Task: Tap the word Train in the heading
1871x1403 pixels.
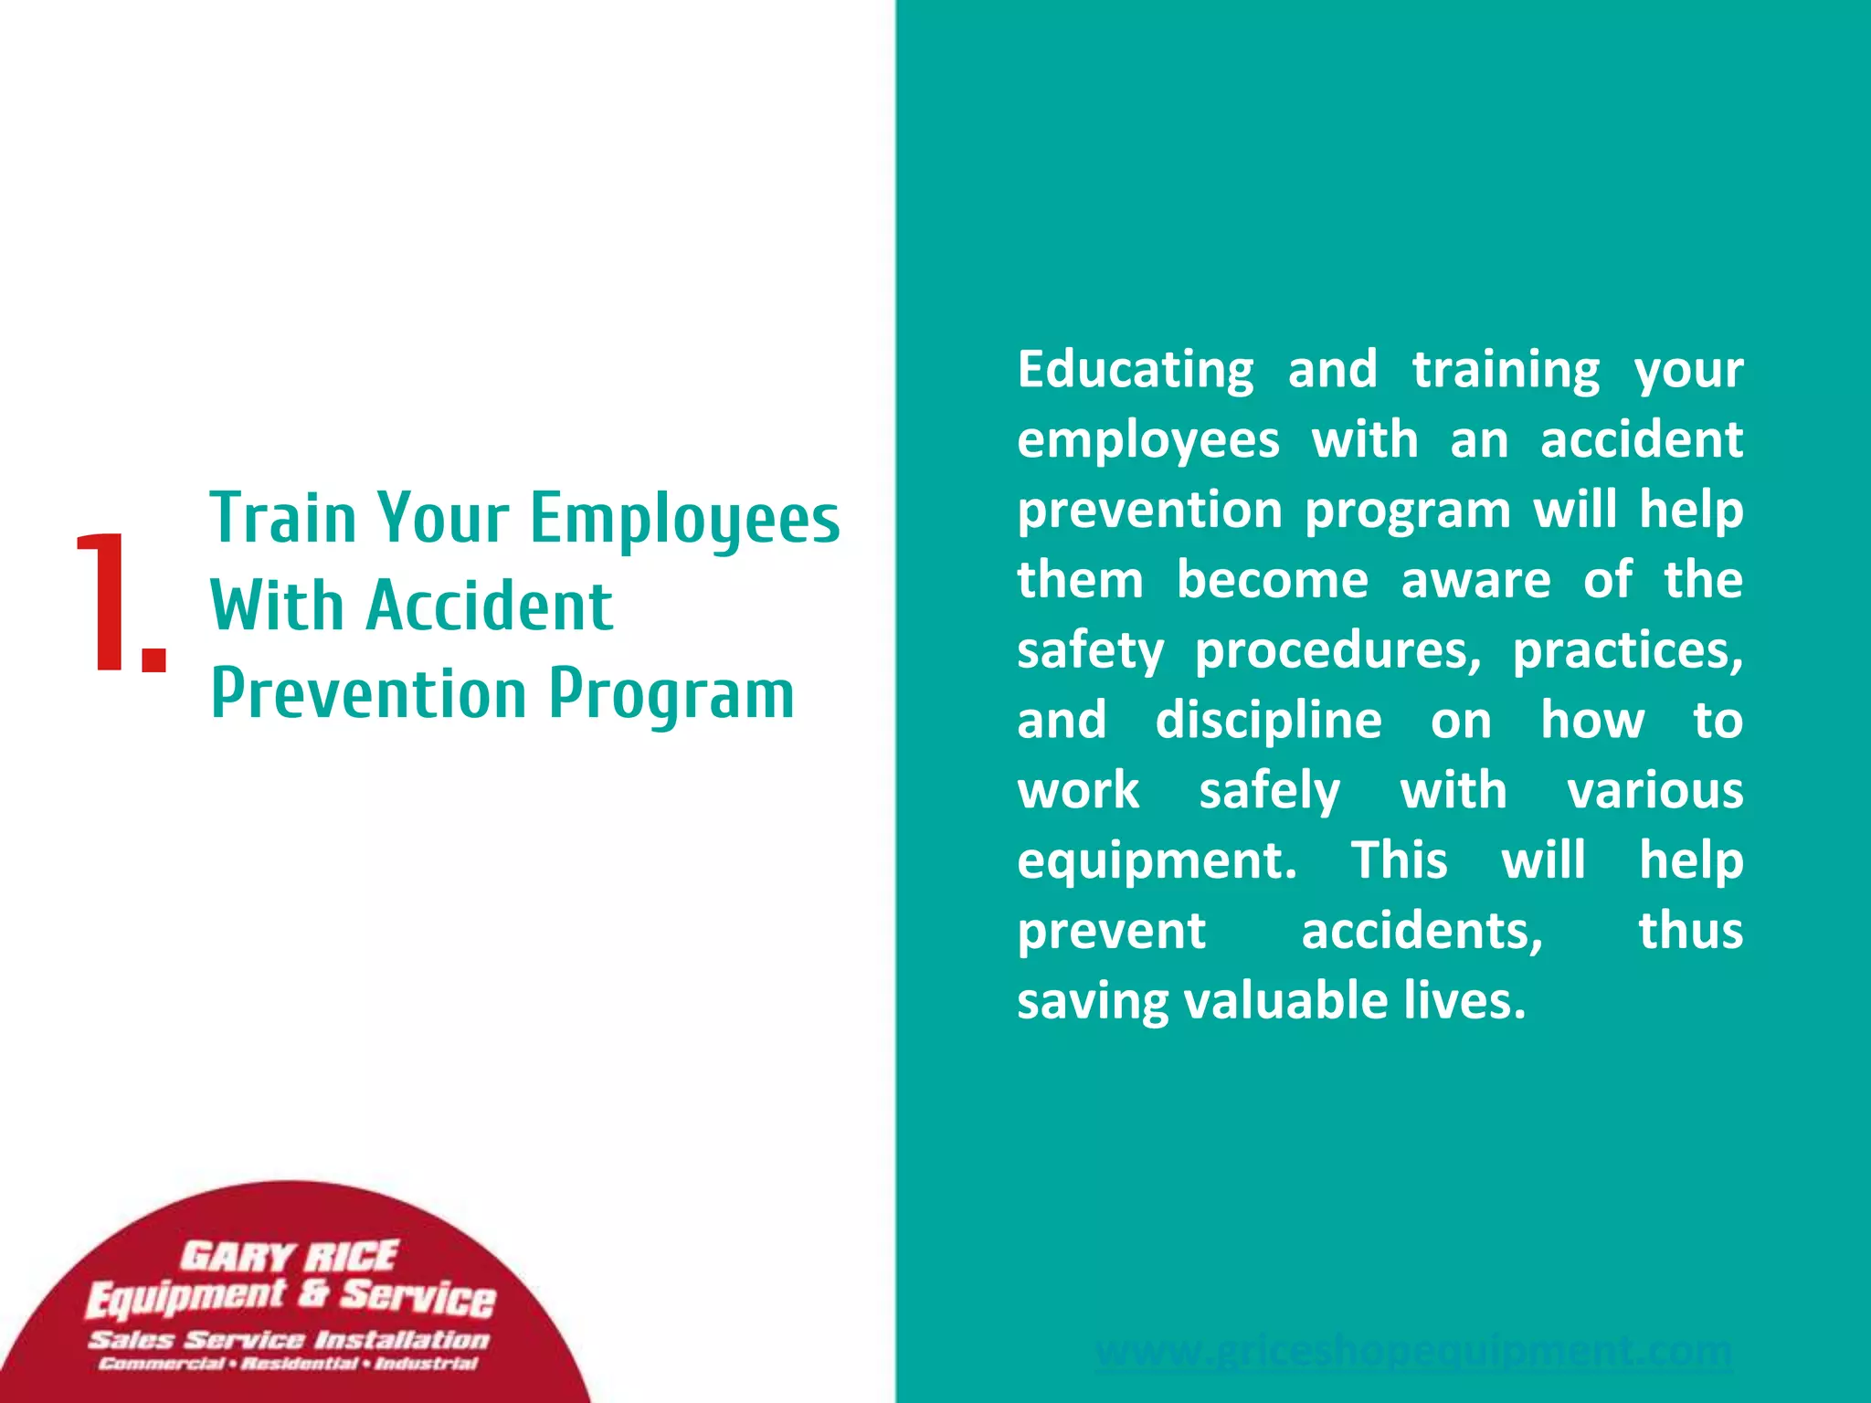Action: point(282,518)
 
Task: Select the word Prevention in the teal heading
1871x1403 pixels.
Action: point(369,694)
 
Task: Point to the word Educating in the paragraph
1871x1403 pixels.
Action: point(1136,371)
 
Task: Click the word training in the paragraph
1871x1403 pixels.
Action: point(1506,371)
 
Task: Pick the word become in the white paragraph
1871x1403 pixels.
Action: point(1273,580)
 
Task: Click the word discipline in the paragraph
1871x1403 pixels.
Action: point(1269,722)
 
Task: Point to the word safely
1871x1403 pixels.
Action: point(1269,791)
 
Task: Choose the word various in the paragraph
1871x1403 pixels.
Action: point(1654,791)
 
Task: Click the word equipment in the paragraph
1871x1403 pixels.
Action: point(1155,862)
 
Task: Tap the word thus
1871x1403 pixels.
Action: point(1690,931)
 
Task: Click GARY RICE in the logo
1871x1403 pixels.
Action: point(289,1256)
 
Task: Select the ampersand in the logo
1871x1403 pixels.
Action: point(312,1292)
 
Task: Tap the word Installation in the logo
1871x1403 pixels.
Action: point(402,1340)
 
